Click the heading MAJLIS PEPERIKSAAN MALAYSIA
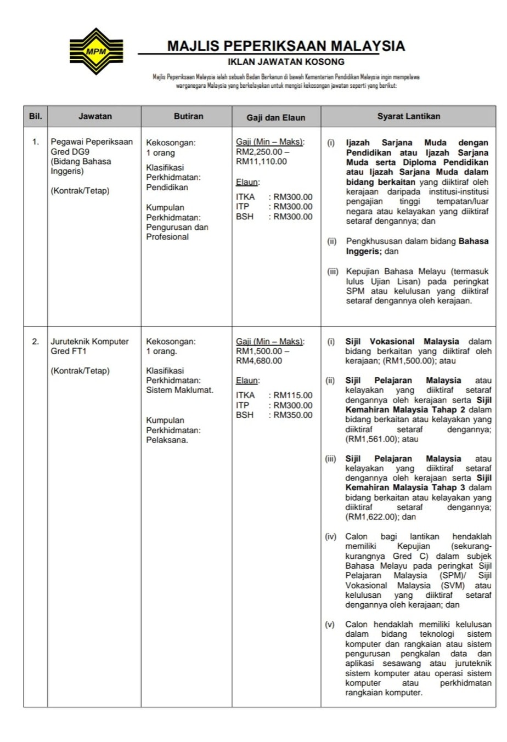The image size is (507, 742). (286, 46)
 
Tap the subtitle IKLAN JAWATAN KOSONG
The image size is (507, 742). (286, 62)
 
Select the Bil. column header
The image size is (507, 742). (35, 116)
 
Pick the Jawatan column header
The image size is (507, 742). (95, 116)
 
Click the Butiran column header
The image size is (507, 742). (188, 116)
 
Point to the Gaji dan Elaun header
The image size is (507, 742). (276, 117)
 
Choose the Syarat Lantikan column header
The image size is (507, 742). (408, 116)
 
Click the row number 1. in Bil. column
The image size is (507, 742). (35, 141)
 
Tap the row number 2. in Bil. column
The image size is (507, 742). (35, 341)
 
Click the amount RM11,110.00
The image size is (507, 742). (261, 161)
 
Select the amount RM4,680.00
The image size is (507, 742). (259, 360)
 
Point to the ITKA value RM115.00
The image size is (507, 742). (293, 395)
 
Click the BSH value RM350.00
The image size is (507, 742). (293, 415)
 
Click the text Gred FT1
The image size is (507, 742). (69, 351)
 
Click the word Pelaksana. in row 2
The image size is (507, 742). (167, 440)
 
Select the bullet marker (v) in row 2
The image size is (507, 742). (330, 624)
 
